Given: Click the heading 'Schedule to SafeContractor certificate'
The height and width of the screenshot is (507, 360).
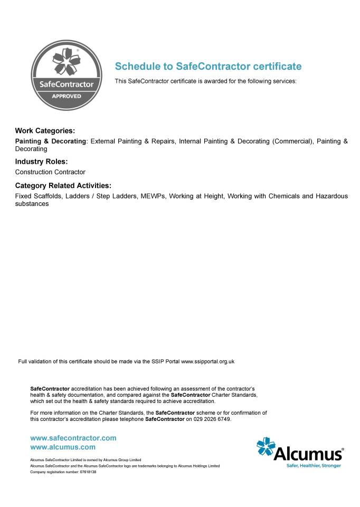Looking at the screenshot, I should pos(208,67).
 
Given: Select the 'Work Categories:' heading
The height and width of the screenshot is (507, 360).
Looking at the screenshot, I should pos(45,130).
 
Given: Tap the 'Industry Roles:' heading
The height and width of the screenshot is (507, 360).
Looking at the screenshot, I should pos(41,162).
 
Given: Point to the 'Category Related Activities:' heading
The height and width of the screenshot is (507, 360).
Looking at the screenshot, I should pos(63,186).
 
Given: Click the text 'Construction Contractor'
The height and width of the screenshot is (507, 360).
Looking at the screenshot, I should pos(50,172).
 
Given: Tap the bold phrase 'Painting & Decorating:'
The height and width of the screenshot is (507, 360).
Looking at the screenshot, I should pos(51,142).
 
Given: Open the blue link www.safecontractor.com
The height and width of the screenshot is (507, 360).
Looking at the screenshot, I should pos(73,438).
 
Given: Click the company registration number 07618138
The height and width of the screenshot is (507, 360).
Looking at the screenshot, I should pos(88,472).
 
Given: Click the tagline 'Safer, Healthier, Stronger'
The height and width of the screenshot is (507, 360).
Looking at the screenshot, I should pos(314,465).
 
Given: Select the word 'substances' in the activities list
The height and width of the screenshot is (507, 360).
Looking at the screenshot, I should pos(32,204).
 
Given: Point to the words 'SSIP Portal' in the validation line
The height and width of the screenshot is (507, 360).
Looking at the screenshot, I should pos(165,362).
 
